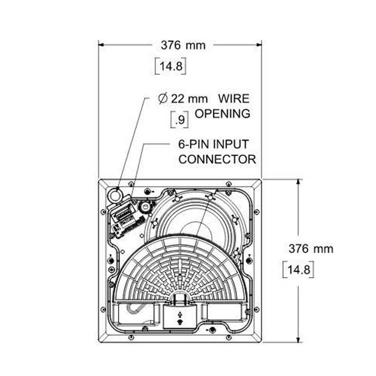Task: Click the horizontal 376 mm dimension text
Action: (x=183, y=45)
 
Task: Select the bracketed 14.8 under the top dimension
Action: (x=170, y=66)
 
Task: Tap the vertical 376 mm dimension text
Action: (x=311, y=249)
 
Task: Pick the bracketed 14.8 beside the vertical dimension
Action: (x=298, y=270)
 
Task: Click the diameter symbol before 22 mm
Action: (x=162, y=99)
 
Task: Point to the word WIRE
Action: (x=234, y=99)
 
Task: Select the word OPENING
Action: (x=223, y=114)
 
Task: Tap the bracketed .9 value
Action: (x=179, y=120)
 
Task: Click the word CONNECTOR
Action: (x=217, y=159)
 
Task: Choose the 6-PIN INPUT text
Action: (x=214, y=144)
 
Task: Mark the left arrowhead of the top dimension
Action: (x=101, y=45)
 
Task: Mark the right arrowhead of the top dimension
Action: (x=259, y=45)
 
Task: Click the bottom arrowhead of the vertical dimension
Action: (x=298, y=340)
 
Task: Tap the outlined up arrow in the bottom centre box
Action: (x=180, y=314)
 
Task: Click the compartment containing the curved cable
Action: (x=136, y=313)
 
